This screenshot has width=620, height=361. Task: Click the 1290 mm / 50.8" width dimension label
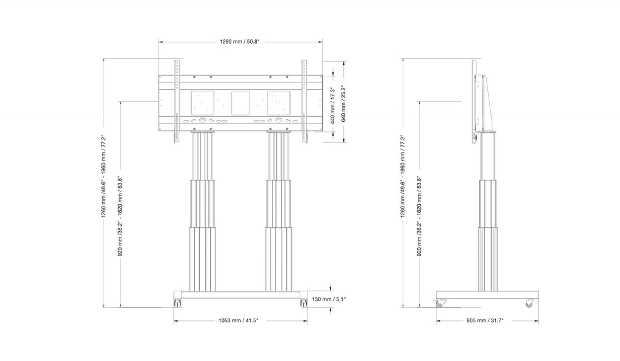coord(240,42)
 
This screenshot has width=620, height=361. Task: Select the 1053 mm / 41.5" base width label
coord(239,320)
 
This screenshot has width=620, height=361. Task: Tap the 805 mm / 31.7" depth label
coord(485,320)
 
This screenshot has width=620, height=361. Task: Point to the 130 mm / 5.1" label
coord(329,299)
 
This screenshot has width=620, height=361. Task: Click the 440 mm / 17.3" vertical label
coord(333,106)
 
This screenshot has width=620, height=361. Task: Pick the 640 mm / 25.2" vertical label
coord(343,104)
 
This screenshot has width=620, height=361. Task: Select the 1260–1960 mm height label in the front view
coord(104,176)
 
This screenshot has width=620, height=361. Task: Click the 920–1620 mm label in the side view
coord(419,216)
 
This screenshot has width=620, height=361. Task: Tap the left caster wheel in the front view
coord(178,303)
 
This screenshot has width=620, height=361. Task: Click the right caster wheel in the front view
coord(304,303)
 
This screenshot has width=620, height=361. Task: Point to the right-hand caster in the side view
coord(529,303)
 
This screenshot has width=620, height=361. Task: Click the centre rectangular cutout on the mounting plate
coord(240,103)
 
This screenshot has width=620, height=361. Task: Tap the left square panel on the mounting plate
coord(202,103)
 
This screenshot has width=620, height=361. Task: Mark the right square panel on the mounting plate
coord(279,103)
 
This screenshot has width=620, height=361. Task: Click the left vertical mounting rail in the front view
coord(177,101)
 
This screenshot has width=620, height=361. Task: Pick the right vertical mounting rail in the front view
coord(304,101)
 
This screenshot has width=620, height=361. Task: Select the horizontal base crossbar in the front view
coord(241,296)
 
